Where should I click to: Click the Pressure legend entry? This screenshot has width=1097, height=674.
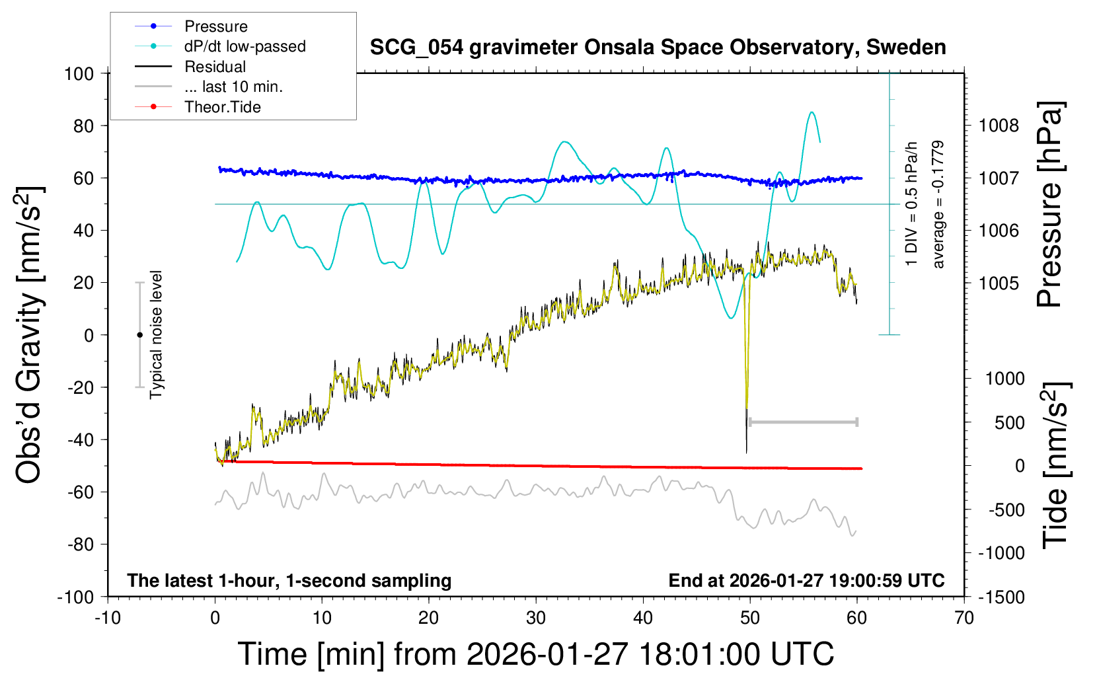point(215,26)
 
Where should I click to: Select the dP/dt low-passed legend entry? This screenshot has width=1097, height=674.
point(245,46)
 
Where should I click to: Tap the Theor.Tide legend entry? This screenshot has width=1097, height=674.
point(222,107)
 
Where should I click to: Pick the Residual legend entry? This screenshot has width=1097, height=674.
point(215,67)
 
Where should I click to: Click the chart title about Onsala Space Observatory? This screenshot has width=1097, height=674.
point(658,48)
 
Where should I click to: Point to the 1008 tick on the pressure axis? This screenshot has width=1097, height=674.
point(999,126)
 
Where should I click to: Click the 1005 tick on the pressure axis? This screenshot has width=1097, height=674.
point(999,283)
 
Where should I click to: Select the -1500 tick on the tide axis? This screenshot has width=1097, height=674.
point(1001,597)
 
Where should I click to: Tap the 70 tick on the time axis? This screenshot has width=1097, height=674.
point(964,618)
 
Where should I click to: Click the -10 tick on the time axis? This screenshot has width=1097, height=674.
point(108,618)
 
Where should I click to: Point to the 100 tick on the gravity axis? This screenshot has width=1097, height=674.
point(79,73)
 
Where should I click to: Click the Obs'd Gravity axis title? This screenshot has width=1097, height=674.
point(30,335)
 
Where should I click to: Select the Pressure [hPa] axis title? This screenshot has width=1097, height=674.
point(1051,205)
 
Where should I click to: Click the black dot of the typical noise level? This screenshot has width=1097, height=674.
point(139,335)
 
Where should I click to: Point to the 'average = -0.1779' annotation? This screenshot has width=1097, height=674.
point(938,205)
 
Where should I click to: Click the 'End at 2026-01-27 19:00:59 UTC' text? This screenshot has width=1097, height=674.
point(806,581)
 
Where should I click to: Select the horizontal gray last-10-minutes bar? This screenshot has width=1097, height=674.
point(803,422)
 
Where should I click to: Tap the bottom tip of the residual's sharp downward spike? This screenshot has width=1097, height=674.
point(747,453)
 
